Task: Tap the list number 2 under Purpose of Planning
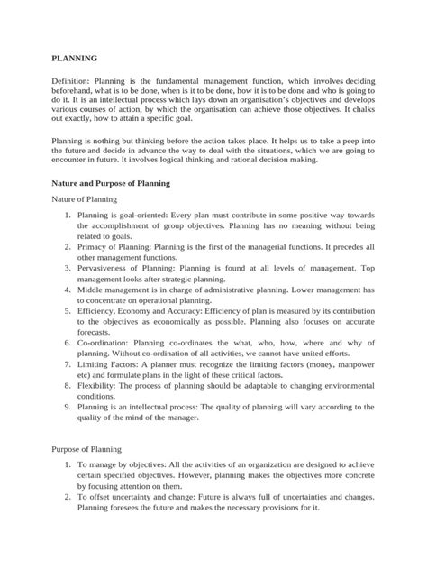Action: click(68, 496)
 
